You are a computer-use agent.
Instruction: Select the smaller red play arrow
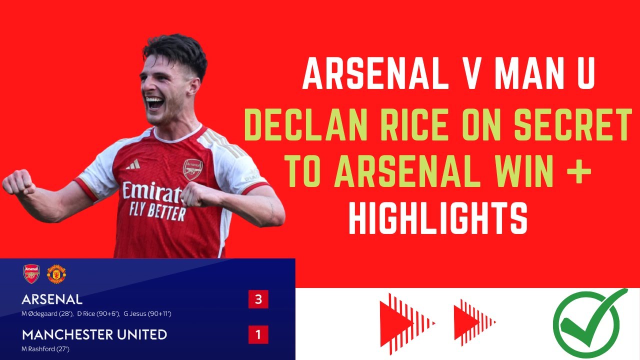(x=473, y=323)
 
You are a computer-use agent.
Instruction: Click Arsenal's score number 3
(x=258, y=299)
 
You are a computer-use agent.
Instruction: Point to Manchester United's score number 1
(x=258, y=334)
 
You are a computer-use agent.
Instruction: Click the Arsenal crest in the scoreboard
(x=31, y=274)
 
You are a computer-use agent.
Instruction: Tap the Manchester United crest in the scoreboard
(x=56, y=274)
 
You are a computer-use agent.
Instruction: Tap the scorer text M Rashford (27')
(x=45, y=348)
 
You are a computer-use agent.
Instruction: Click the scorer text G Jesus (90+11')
(x=148, y=313)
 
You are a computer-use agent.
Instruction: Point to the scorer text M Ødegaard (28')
(x=47, y=313)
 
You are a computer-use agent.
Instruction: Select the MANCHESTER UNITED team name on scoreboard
(x=94, y=334)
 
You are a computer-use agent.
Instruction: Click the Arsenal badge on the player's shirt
(x=192, y=169)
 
